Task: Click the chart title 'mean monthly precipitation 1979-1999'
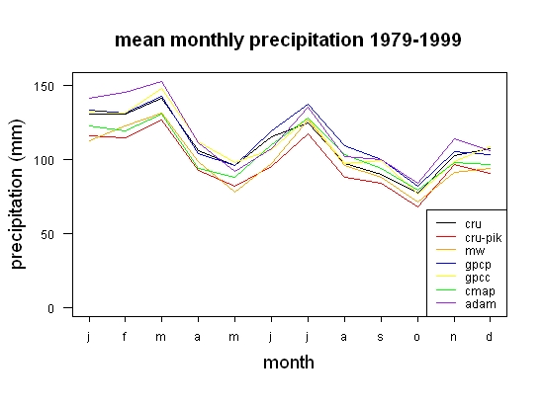(288, 41)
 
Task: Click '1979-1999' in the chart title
(415, 40)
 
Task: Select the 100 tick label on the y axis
(44, 160)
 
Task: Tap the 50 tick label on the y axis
(47, 234)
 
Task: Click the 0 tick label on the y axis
(51, 308)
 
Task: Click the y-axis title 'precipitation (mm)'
(18, 194)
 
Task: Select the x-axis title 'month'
(289, 363)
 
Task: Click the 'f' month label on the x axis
(125, 336)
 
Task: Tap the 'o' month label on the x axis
(417, 337)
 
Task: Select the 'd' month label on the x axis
(490, 336)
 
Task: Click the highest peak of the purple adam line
(161, 81)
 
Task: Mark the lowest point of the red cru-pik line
(417, 207)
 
